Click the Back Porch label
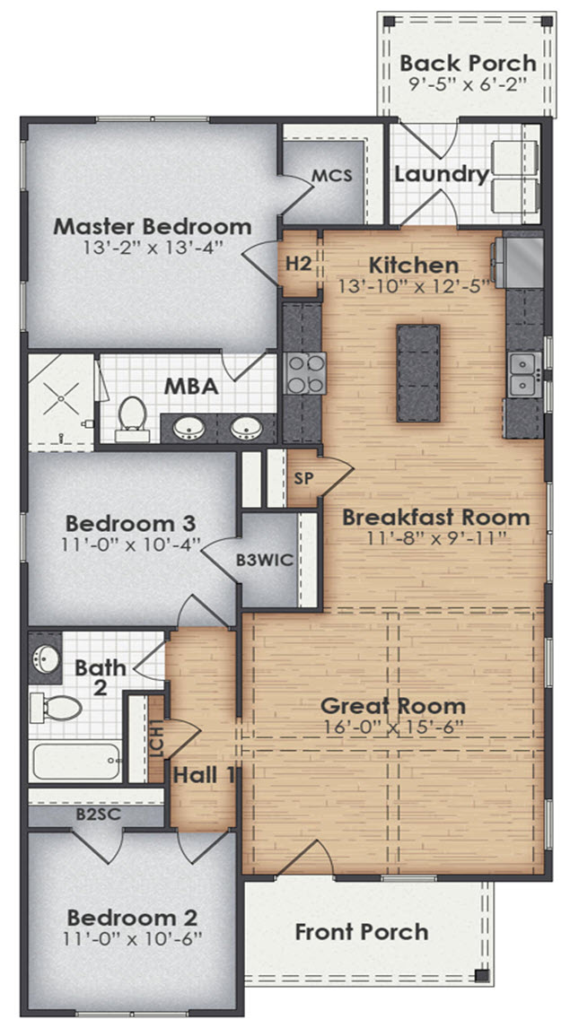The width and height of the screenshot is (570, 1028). point(468,63)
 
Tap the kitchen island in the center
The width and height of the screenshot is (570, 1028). point(418,374)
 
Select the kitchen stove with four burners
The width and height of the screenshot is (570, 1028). point(305,373)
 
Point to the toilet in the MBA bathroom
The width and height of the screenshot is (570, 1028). point(132,418)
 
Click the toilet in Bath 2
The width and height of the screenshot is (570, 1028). point(56,707)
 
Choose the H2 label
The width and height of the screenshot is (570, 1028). point(298,263)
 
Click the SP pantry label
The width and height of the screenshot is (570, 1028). point(303,476)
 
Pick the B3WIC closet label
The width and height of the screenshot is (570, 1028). point(265,561)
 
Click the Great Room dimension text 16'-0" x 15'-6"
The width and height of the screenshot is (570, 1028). point(393,727)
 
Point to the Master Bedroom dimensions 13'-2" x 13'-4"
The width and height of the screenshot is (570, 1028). point(152,247)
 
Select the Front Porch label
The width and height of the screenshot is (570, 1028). point(362,932)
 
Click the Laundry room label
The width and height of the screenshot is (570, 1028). point(442,173)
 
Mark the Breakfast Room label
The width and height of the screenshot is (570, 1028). point(435,518)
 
